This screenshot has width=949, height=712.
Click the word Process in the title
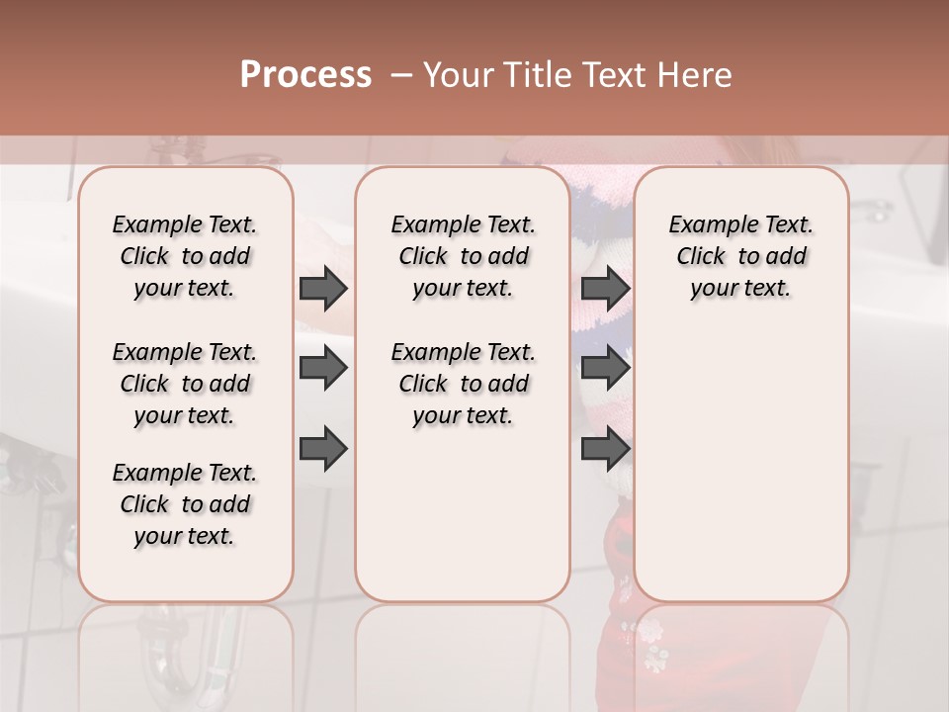[305, 75]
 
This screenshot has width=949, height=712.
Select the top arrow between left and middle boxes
[323, 288]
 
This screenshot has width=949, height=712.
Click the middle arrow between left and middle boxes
[323, 369]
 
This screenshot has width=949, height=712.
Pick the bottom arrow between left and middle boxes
[323, 450]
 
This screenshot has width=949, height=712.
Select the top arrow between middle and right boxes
[606, 288]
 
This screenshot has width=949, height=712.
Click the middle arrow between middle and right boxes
[606, 369]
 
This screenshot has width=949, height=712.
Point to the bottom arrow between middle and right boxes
[606, 450]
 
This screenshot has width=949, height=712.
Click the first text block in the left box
[185, 256]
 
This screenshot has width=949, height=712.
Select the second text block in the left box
[185, 384]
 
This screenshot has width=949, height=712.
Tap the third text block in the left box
[185, 504]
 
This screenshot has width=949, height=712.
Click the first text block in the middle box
[463, 256]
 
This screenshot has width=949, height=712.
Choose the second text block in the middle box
[463, 384]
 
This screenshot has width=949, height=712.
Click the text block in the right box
[740, 256]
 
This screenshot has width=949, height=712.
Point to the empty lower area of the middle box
[463, 514]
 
